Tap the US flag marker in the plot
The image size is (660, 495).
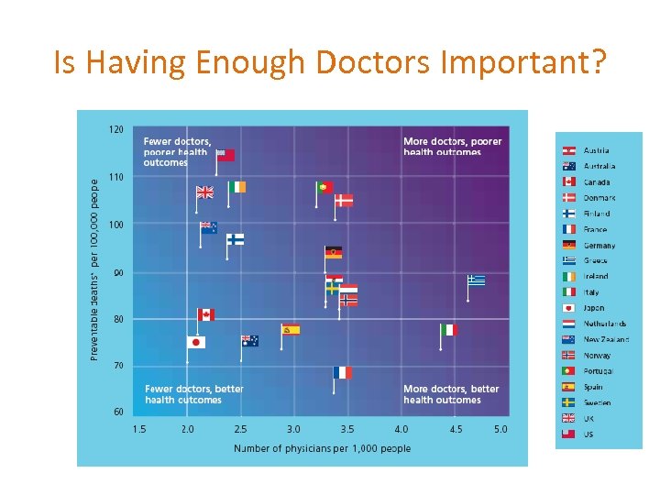[x=225, y=155]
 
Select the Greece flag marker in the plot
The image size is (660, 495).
[x=476, y=280]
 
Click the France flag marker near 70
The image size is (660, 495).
[x=342, y=372]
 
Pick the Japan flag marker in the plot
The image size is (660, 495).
[x=195, y=342]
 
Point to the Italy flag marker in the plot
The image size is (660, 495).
[x=448, y=330]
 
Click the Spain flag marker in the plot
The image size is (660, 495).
[x=291, y=330]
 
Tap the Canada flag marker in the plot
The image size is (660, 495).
[x=205, y=314]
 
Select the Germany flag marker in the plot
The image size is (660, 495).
[x=334, y=252]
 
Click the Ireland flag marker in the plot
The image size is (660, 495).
[x=236, y=187]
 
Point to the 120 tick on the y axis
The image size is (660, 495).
[x=116, y=129]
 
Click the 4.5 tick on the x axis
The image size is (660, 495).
[x=456, y=429]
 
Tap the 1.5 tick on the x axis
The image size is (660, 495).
[x=139, y=429]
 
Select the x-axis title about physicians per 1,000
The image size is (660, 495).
[x=322, y=448]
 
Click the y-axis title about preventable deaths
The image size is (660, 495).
[x=94, y=269]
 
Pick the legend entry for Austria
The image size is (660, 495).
[x=596, y=150]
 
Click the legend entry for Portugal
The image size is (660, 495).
[x=599, y=371]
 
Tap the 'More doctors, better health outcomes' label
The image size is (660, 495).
[x=451, y=394]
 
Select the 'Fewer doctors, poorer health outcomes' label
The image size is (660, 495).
[x=178, y=152]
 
